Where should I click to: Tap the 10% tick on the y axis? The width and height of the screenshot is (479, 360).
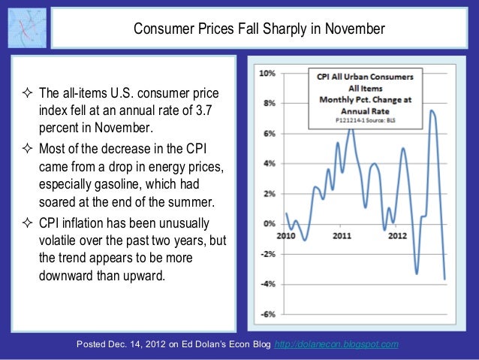click(x=267, y=74)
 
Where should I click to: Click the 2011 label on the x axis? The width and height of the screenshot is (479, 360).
click(x=343, y=234)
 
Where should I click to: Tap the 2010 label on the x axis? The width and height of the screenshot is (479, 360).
click(x=286, y=234)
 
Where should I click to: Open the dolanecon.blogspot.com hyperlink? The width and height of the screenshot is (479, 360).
click(x=337, y=344)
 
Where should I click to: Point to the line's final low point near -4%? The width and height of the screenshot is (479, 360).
click(x=444, y=279)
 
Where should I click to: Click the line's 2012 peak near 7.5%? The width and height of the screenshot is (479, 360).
click(x=432, y=111)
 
